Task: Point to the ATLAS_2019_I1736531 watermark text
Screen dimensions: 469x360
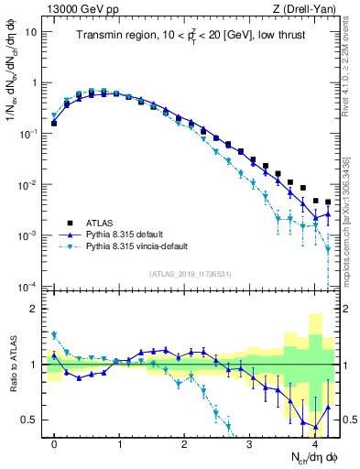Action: [190, 274]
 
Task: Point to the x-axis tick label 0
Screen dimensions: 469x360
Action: [54, 443]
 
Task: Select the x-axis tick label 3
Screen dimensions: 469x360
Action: [249, 443]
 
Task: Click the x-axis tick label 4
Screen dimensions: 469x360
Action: [314, 443]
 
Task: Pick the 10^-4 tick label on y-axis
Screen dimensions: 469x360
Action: [28, 287]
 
